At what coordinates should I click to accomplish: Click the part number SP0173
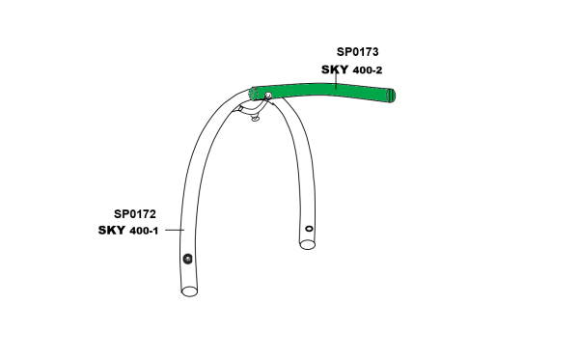tap(357, 52)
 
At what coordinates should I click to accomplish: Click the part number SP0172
tap(135, 214)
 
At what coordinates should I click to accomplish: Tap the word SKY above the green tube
tap(335, 69)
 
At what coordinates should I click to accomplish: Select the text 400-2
tap(368, 70)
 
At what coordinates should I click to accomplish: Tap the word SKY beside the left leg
tap(111, 230)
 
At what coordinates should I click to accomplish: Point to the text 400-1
tap(144, 231)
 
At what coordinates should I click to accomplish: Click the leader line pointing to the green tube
tap(335, 80)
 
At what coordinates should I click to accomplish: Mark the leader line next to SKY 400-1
tap(175, 230)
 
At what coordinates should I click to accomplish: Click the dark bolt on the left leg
tap(187, 259)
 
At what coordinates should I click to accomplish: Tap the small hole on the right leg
tap(309, 229)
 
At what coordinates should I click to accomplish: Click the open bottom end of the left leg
tap(189, 291)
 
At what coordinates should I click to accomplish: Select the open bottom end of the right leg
tap(307, 244)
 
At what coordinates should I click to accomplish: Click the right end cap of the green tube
tap(391, 96)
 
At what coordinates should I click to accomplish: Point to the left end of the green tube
tap(253, 93)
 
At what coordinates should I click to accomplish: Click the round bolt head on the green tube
tap(268, 96)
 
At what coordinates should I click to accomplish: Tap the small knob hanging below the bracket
tap(255, 119)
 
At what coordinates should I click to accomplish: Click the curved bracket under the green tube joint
tap(251, 108)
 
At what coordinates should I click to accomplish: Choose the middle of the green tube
tap(322, 91)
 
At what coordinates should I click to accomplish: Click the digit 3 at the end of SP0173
tap(374, 52)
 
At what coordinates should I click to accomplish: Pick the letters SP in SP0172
tap(121, 214)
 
